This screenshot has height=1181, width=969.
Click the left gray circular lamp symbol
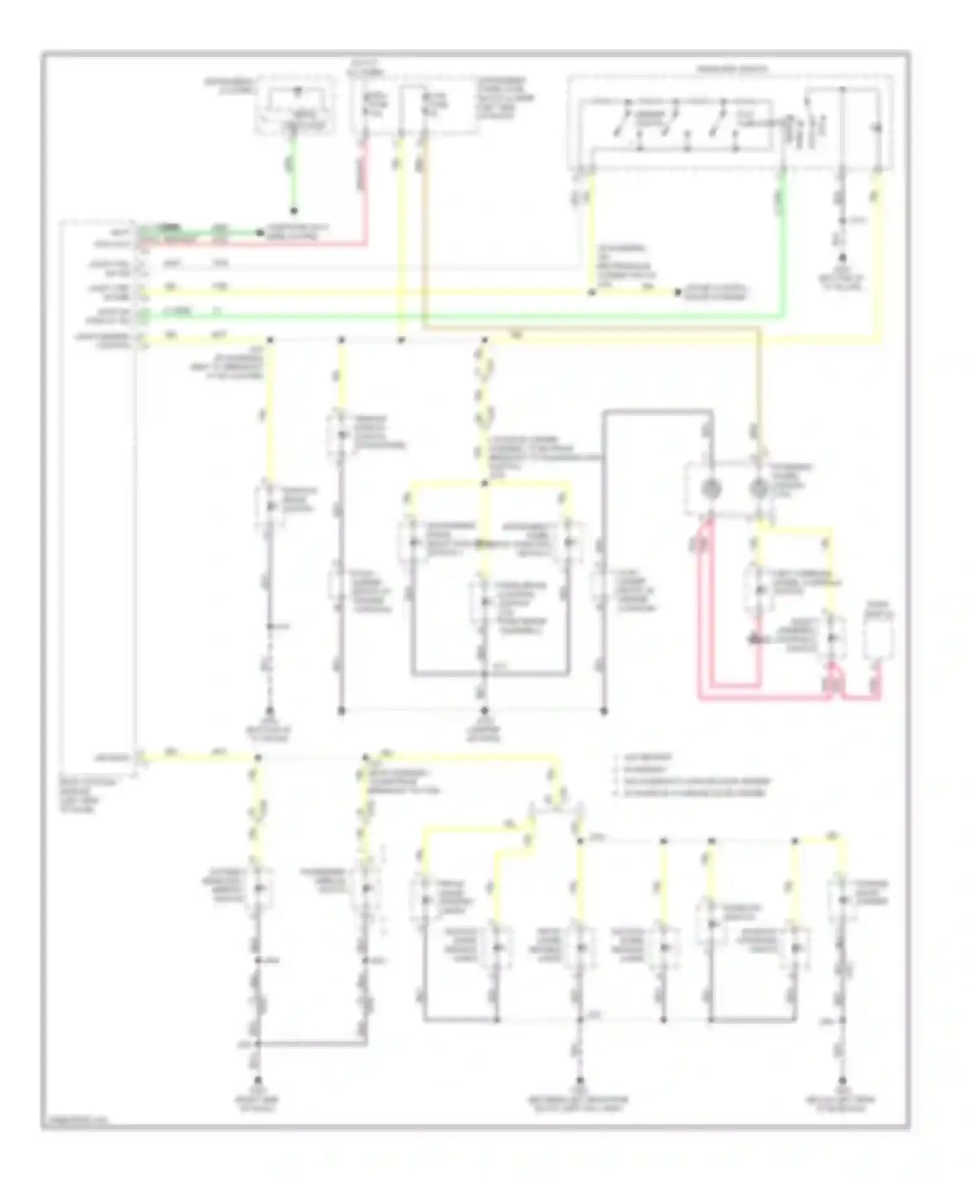(x=711, y=490)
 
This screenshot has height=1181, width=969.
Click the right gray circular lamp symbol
(x=758, y=490)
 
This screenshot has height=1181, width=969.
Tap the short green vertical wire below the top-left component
(x=294, y=174)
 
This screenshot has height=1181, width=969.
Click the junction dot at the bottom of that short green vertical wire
(x=294, y=211)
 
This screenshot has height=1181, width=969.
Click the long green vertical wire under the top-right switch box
(x=782, y=258)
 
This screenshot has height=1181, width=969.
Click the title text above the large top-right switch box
(x=732, y=68)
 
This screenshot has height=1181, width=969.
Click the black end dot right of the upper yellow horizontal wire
(x=678, y=292)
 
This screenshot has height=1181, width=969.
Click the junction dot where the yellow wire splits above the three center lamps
(x=484, y=483)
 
